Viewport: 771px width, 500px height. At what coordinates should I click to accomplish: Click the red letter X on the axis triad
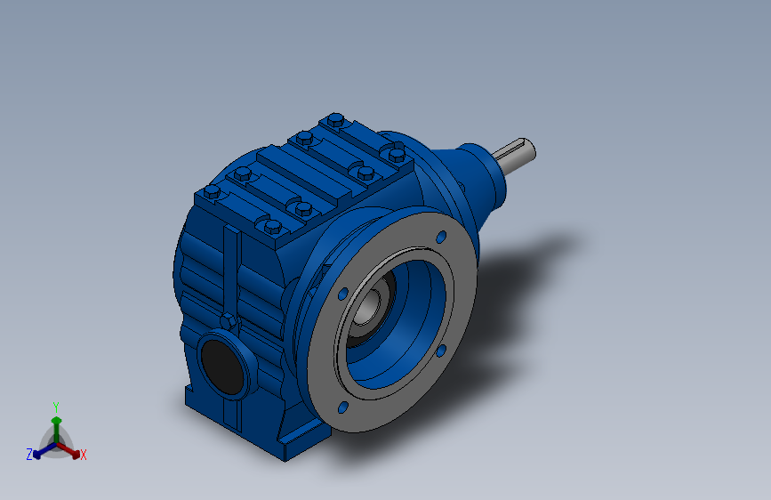click(83, 455)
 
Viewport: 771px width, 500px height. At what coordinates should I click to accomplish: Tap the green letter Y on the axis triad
click(56, 407)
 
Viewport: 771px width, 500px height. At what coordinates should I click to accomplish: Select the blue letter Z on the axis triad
click(29, 455)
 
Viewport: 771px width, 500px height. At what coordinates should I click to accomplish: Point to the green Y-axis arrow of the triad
click(57, 430)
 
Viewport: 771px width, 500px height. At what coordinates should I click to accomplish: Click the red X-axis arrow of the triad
click(68, 450)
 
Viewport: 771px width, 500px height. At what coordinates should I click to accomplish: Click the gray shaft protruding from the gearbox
click(515, 155)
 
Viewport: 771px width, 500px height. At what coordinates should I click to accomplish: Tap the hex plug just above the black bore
click(228, 321)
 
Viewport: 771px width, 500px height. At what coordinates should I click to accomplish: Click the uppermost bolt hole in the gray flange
click(441, 238)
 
